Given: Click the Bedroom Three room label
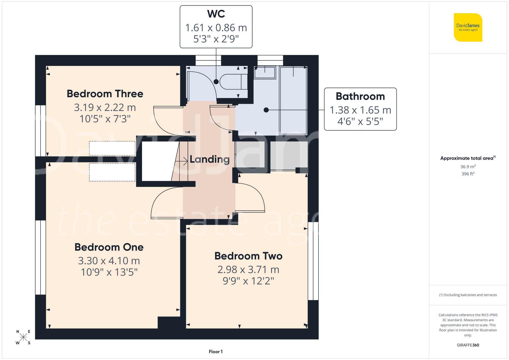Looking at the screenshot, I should [105, 94].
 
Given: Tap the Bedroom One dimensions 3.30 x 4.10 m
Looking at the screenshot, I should [109, 261].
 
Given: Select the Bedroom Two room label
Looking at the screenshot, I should [248, 256].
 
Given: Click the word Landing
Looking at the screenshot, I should [209, 159].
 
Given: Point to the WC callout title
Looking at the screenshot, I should [216, 14].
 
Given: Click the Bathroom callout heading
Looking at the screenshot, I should [360, 96].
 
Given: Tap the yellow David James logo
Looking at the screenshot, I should [468, 27].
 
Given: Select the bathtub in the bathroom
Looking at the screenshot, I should [293, 100].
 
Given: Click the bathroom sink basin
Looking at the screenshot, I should [265, 73].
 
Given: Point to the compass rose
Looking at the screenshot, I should [23, 337].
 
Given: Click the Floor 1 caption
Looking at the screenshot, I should [216, 352].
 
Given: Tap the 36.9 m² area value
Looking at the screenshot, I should [468, 167].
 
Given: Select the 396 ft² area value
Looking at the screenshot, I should [468, 174].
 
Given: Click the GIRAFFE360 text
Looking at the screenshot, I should [468, 345].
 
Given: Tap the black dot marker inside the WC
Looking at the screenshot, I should [216, 82].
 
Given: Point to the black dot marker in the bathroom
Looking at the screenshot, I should [266, 110].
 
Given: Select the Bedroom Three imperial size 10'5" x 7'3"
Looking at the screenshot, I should [105, 119].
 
